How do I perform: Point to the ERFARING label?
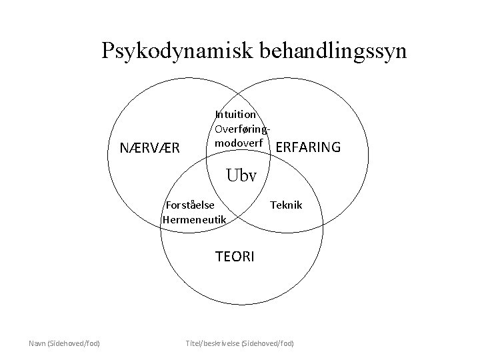pyautogui.click(x=307, y=147)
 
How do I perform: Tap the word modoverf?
pyautogui.click(x=239, y=143)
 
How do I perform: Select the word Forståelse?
pyautogui.click(x=190, y=205)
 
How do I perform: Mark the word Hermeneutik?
pyautogui.click(x=195, y=219)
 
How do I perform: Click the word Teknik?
pyautogui.click(x=285, y=205)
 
